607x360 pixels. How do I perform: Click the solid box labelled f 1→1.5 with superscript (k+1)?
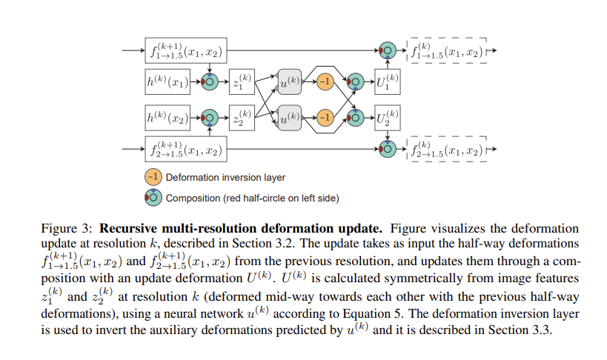coord(186,50)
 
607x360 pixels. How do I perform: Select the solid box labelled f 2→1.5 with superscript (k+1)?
coord(186,149)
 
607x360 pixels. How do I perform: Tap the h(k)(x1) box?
coord(167,81)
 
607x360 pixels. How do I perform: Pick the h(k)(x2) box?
coord(167,118)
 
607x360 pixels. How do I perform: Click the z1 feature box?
coord(242,81)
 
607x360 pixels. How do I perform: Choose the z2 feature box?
coord(242,118)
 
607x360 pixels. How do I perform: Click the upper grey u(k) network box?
coord(290,81)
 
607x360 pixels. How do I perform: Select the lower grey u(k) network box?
coord(290,118)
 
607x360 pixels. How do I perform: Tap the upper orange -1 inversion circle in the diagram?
coord(325,81)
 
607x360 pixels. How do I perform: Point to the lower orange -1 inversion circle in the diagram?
coord(325,118)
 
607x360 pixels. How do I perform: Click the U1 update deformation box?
coord(388,81)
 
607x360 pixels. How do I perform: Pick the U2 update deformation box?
coord(388,118)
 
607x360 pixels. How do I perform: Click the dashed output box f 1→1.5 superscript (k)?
coord(447,50)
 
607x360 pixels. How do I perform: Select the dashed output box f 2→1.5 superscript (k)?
coord(447,149)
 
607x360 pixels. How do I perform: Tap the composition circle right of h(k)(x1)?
coord(210,81)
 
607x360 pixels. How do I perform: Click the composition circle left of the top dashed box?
coord(388,50)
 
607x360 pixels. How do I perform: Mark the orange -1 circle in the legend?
coord(153,177)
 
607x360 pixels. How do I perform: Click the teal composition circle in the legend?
coord(153,198)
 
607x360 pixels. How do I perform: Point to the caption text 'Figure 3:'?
coord(67,229)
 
